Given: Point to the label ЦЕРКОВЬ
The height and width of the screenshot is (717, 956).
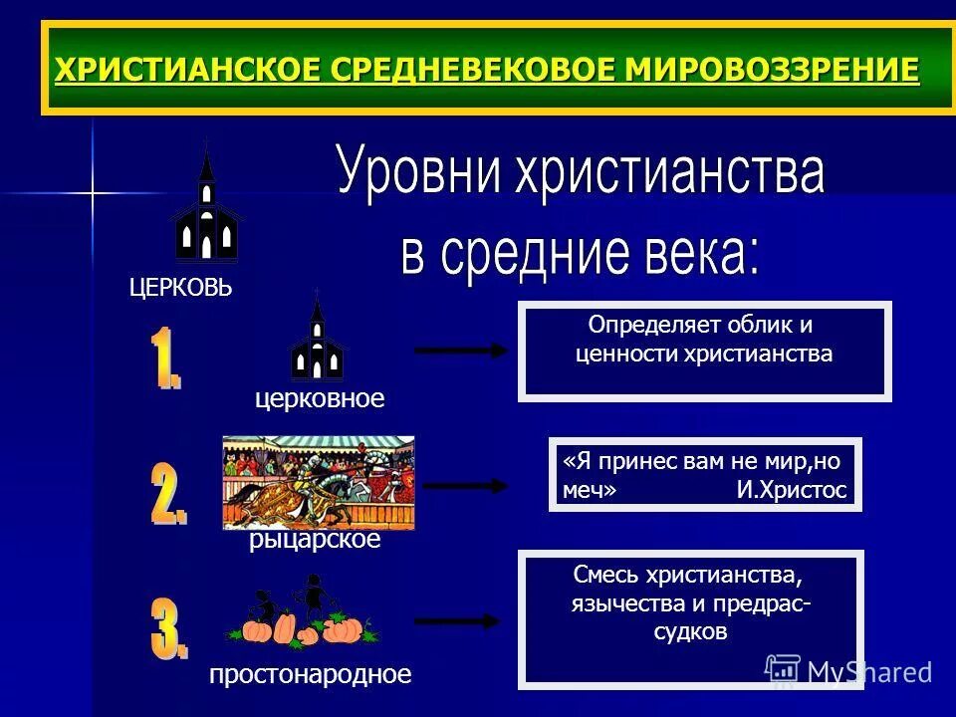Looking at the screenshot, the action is pos(180,289).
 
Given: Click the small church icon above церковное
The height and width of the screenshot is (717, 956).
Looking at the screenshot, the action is pos(318,341).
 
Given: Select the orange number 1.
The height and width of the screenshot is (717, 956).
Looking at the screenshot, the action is pos(166,361).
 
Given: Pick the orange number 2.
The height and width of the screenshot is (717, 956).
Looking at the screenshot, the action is pos(168,494).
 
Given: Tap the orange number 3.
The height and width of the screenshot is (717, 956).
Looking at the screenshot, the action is pos(168,626).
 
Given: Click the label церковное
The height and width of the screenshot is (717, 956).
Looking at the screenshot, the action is pos(320,398).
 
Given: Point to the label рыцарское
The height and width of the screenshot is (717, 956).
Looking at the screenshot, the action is pos(315,541).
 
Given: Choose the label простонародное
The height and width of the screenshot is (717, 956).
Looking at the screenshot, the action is pos(310,674).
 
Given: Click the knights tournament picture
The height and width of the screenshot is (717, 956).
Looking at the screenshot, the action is pos(318,482).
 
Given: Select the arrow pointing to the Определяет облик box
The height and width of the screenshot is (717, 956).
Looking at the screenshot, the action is pos(459,350).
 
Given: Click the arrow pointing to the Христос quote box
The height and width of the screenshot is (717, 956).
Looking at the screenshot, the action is pos(465,486).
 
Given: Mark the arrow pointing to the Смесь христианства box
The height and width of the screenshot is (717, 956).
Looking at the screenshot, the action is pos(456,621).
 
